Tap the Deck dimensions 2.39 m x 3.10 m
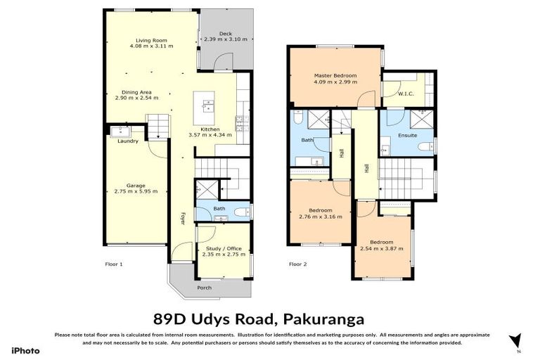(225, 39)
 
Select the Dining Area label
(136, 91)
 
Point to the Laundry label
(127, 141)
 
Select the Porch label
(204, 288)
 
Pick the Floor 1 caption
(114, 264)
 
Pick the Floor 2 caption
(298, 264)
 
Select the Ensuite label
(407, 135)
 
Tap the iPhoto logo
(25, 351)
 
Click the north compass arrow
(516, 341)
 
